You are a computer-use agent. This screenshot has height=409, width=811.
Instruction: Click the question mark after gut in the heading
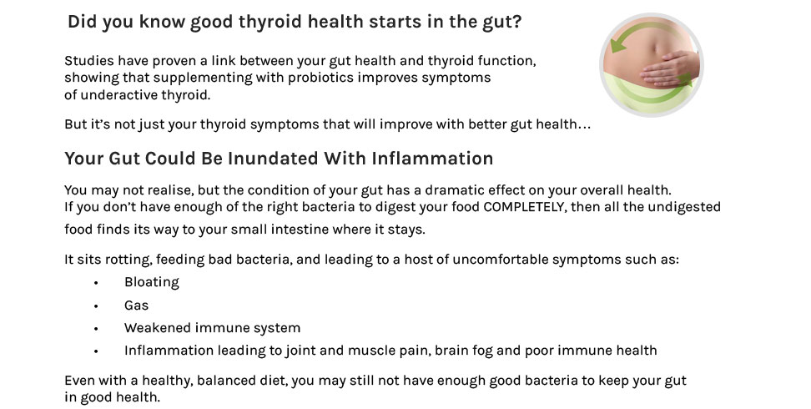(516, 22)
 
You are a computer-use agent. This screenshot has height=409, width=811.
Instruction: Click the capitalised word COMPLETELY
(523, 207)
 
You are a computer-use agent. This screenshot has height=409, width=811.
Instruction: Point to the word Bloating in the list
(152, 283)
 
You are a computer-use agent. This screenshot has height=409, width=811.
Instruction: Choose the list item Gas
(136, 305)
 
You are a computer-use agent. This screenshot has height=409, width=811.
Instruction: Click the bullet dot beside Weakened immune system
(96, 329)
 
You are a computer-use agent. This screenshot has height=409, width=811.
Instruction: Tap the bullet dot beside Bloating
(96, 283)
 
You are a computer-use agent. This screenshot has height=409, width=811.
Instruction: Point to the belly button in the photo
(657, 48)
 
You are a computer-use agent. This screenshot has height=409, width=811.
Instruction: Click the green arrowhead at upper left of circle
(617, 46)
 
